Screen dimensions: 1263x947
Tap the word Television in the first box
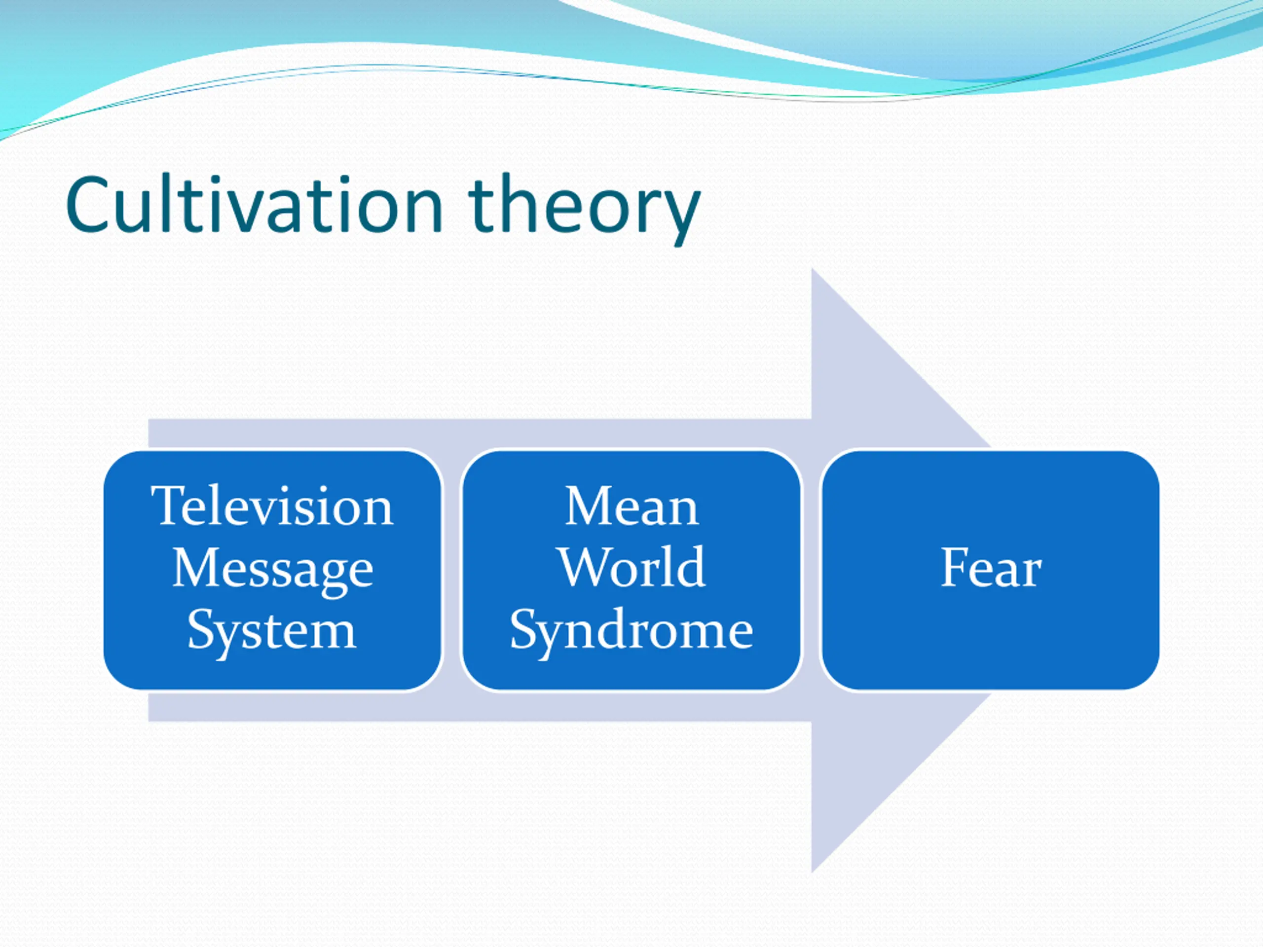272,505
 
